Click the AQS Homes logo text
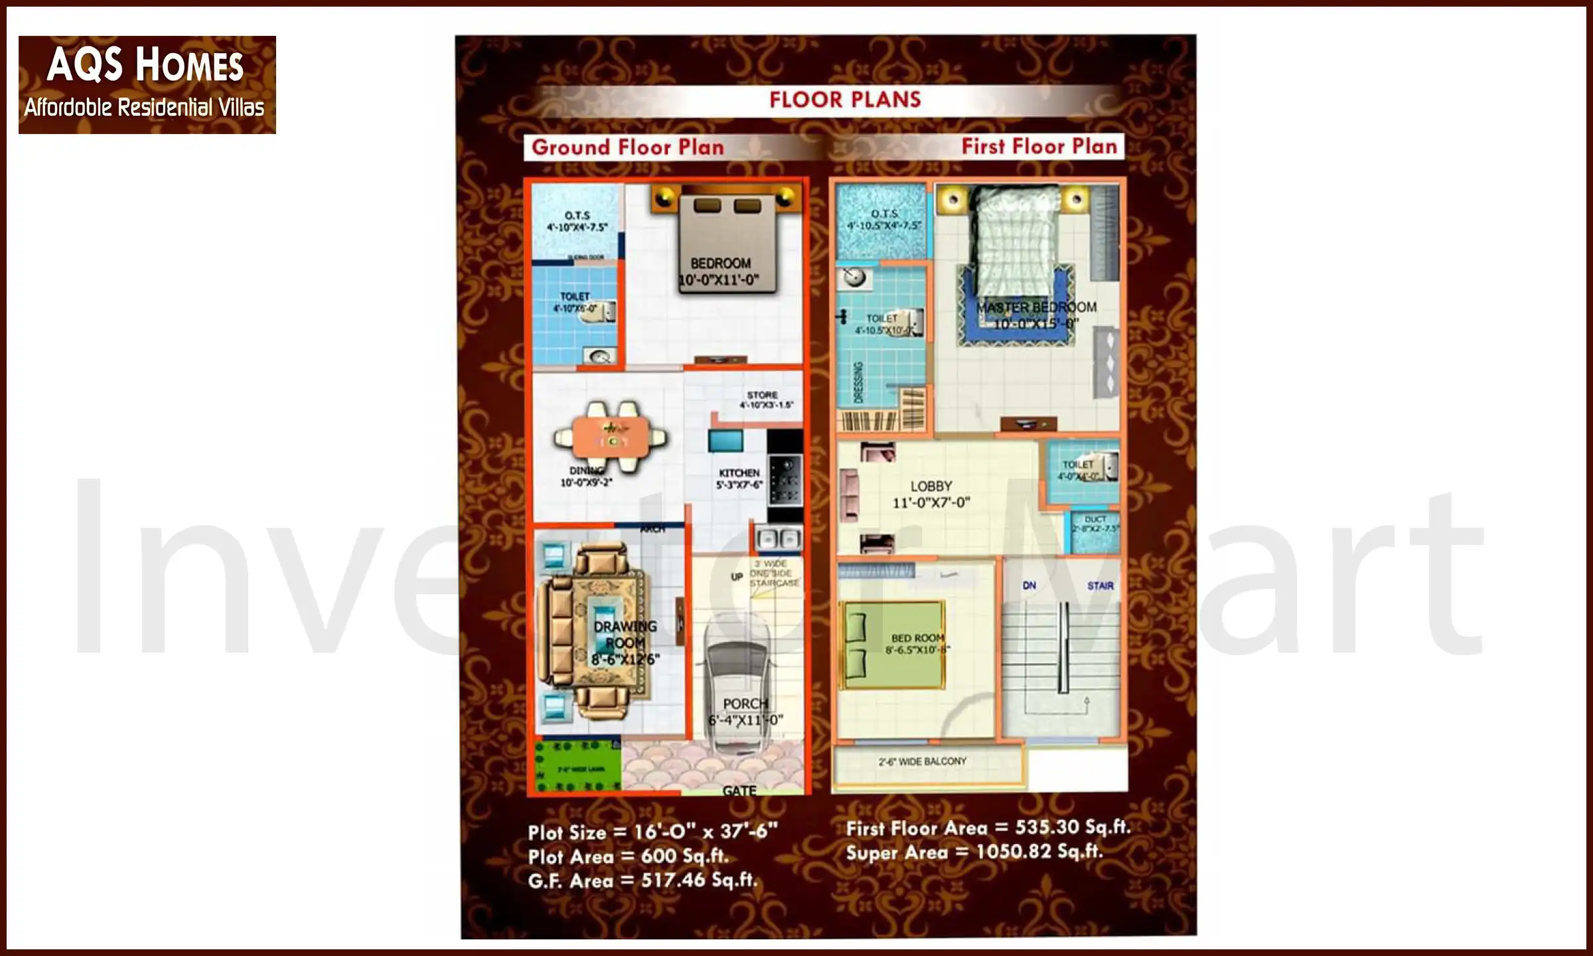(x=145, y=65)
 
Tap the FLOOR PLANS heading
(x=845, y=100)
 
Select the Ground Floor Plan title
(x=627, y=147)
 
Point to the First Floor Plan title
(x=1039, y=146)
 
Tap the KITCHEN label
(x=739, y=473)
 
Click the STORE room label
(x=762, y=395)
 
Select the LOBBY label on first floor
(x=931, y=487)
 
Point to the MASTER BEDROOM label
(x=1035, y=307)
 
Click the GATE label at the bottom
(x=739, y=790)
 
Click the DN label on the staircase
(x=1029, y=586)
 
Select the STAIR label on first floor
(x=1100, y=586)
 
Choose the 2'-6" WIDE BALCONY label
(x=923, y=761)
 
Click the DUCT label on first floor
(x=1095, y=520)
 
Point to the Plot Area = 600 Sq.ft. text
(x=628, y=856)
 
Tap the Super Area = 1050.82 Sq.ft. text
(x=974, y=852)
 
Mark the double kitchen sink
(x=778, y=538)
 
